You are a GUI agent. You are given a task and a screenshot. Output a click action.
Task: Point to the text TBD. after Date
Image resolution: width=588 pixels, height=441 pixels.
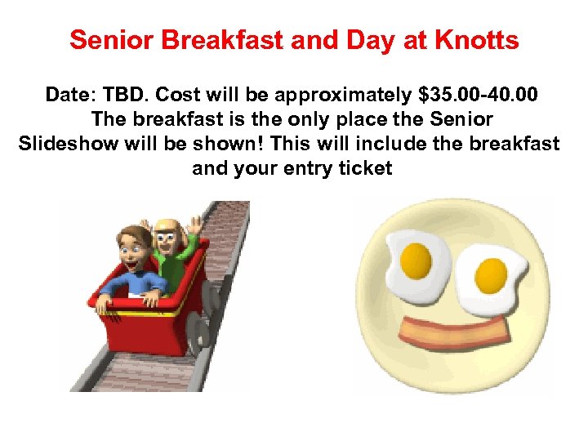tap(125, 95)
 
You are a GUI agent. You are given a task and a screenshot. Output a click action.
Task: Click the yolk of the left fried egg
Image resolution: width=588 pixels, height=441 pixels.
tap(416, 261)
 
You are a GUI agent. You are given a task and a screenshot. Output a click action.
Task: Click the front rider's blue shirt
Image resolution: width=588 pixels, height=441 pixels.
tap(139, 283)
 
